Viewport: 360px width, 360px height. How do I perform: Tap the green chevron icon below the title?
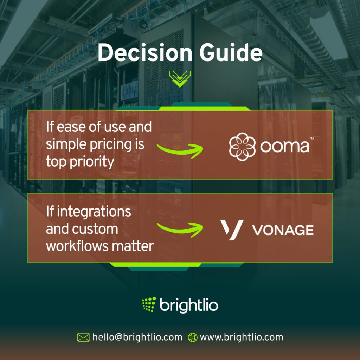180,78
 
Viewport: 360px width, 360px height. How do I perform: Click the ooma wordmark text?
284,147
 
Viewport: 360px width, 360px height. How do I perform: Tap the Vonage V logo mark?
232,230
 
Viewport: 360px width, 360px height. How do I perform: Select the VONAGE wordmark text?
283,230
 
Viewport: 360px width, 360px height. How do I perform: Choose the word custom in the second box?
95,229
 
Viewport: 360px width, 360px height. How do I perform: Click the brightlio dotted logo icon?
149,304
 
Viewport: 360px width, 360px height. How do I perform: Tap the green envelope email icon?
83,337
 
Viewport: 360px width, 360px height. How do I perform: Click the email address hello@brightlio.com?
137,337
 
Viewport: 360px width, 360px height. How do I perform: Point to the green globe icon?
193,337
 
